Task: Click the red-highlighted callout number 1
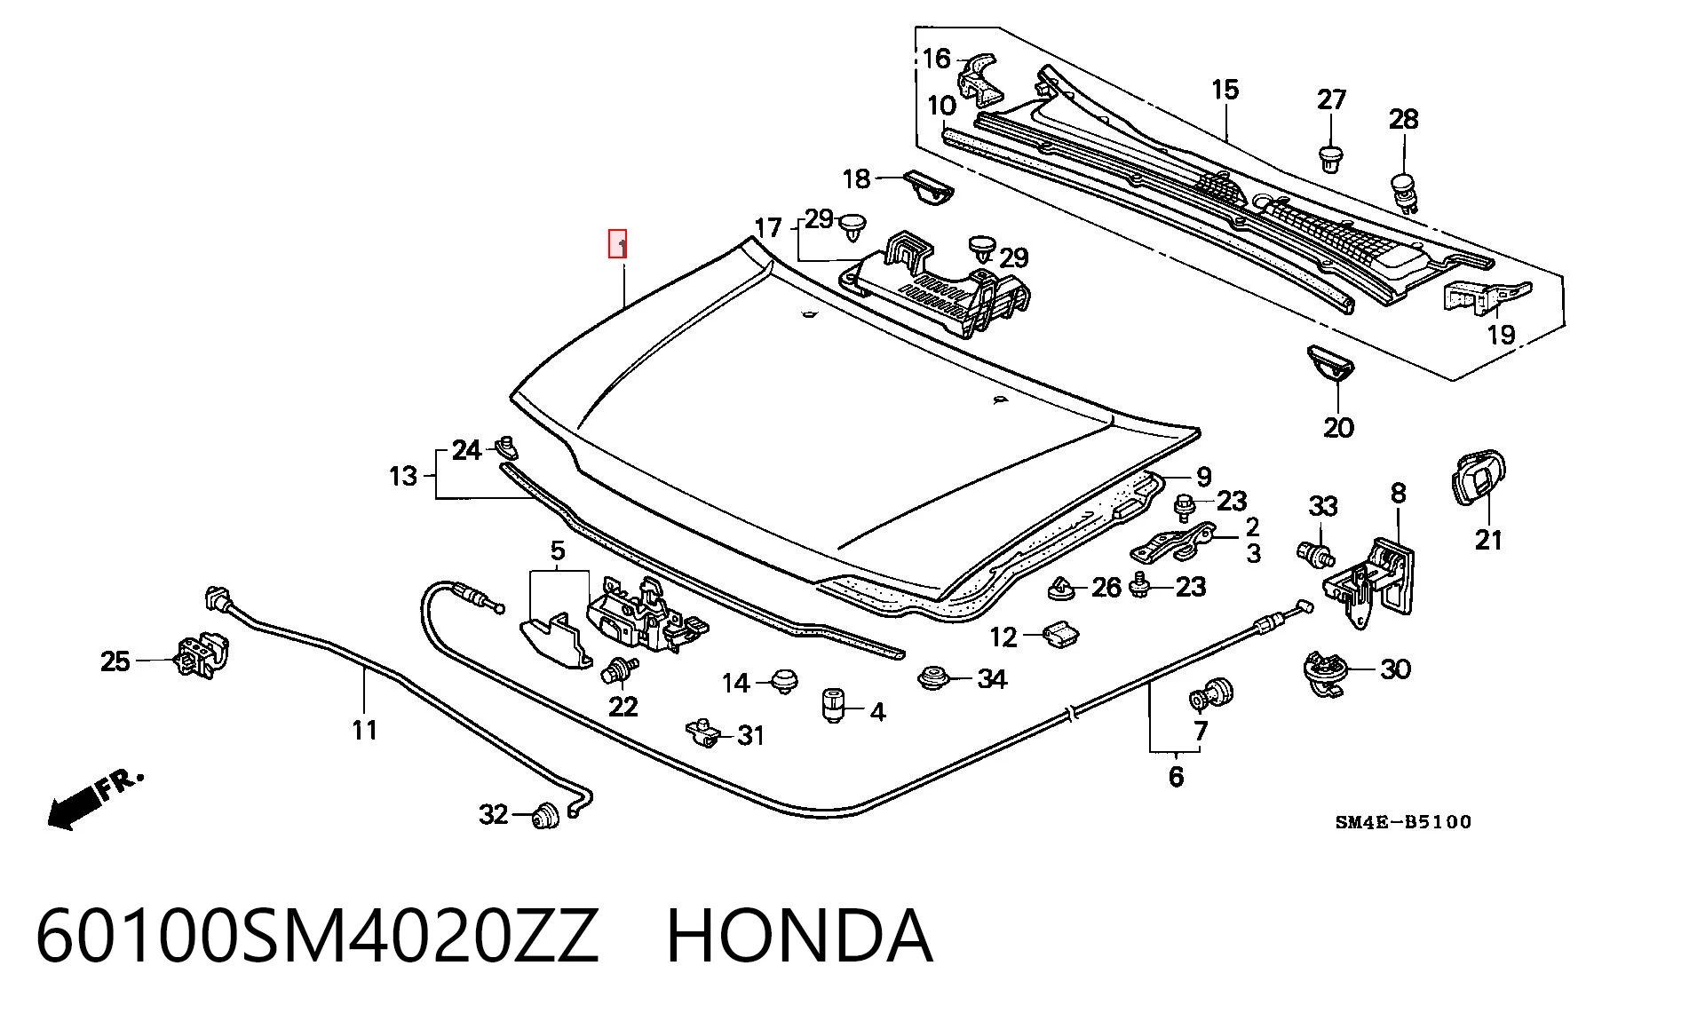coord(617,244)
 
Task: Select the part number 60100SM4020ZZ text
coord(317,936)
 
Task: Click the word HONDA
coord(799,936)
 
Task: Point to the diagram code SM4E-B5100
coord(1403,822)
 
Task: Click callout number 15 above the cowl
coord(1225,90)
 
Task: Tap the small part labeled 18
coord(929,186)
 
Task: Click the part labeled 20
coord(1332,364)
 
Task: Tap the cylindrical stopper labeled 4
coord(833,706)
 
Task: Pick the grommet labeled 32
coord(545,815)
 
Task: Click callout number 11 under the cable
coord(364,731)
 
